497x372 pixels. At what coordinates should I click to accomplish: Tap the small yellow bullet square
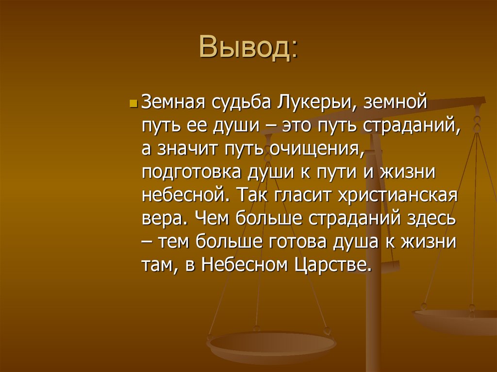[134, 104]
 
